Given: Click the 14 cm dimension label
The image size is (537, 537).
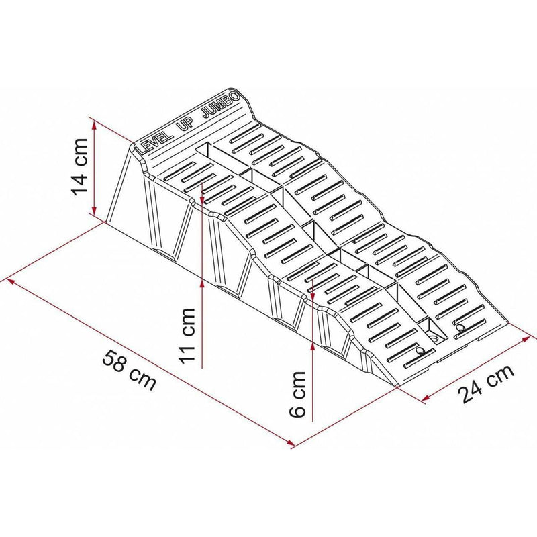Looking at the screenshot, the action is point(79,166).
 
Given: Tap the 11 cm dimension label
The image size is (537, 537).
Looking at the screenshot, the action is point(187,334).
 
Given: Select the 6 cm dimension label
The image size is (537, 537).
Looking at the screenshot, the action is point(297,394).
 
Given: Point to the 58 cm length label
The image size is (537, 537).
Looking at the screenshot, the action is point(130,369).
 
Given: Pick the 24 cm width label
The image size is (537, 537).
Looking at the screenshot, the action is point(486,383).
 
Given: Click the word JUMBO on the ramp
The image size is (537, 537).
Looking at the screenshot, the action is point(221,105).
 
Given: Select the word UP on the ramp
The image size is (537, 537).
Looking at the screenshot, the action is point(185,126).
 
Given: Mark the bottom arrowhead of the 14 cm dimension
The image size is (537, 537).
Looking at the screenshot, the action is point(94,210).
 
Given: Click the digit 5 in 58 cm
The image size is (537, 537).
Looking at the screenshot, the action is point(109,356).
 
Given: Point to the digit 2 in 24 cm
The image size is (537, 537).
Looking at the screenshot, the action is point(466,394).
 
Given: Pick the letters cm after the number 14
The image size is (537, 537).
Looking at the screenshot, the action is point(79,150).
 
